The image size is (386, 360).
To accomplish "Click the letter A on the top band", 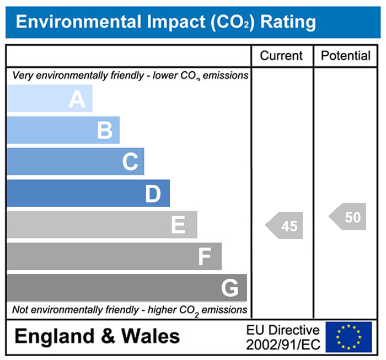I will pyautogui.click(x=77, y=99).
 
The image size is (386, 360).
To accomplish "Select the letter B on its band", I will pyautogui.click(x=105, y=131).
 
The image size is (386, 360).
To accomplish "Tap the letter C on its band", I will pyautogui.click(x=130, y=162).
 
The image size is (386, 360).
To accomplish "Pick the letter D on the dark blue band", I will pyautogui.click(x=153, y=194).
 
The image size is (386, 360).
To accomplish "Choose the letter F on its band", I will pyautogui.click(x=205, y=257).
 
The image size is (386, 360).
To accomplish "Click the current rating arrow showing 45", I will pyautogui.click(x=285, y=226).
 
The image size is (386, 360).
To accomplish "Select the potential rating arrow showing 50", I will pyautogui.click(x=349, y=218).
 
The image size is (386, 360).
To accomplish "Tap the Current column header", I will pyautogui.click(x=281, y=56).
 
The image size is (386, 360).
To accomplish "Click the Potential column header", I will pyautogui.click(x=346, y=56).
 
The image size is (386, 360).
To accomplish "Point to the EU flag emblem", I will pyautogui.click(x=349, y=337).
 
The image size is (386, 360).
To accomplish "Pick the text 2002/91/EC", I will pyautogui.click(x=283, y=344).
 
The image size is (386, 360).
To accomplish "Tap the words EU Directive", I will pyautogui.click(x=283, y=330).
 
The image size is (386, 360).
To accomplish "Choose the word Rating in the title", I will pyautogui.click(x=288, y=22).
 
